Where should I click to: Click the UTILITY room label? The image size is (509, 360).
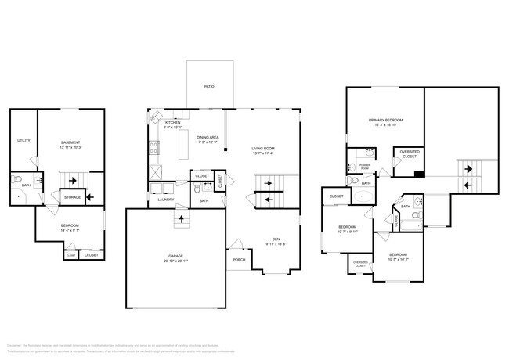click(23, 141)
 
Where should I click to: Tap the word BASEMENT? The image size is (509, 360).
click(72, 142)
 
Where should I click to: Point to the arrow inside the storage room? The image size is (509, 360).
click(95, 197)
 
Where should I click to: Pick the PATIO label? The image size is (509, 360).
click(209, 87)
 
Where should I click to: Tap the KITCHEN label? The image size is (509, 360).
click(172, 122)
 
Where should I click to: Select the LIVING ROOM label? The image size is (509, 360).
click(264, 148)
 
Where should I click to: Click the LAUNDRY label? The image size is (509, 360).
click(165, 199)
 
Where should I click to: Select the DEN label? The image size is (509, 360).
click(276, 239)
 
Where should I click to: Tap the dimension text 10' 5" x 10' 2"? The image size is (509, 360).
click(398, 260)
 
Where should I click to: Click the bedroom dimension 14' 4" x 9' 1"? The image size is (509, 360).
click(70, 230)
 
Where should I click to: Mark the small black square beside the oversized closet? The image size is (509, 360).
click(419, 175)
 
